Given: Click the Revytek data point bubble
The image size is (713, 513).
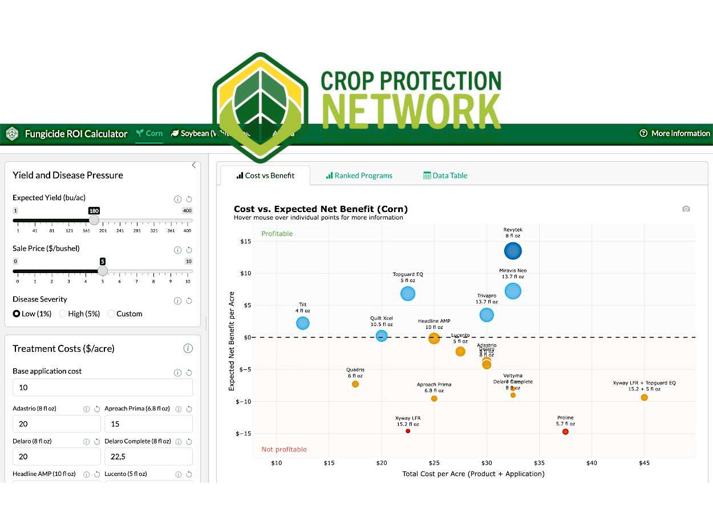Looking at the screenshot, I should coord(513,251).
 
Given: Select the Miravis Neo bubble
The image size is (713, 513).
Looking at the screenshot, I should coord(513,291).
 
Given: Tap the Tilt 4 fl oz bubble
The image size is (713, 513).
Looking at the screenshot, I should coord(303,323).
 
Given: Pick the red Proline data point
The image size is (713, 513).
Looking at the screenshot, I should coord(565,431).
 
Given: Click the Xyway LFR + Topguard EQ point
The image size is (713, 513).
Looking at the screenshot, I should coord(644,397).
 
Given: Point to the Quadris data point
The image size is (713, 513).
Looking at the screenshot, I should coord(355,384).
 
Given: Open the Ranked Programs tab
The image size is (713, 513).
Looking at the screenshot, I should coord(359,176).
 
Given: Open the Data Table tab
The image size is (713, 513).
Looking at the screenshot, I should coord(445,176).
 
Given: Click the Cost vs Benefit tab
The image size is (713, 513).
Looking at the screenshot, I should coord(265,176).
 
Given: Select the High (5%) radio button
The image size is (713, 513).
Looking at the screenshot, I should coord(63,313).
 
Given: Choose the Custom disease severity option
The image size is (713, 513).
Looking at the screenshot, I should coord(111,313).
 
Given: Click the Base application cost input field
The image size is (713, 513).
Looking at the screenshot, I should coord(103,388).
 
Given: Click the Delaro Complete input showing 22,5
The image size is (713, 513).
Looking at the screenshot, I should coord(148,457).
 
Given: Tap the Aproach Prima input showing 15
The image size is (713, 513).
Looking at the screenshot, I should coord(148,424).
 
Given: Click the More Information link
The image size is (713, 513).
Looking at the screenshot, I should coord(675,133).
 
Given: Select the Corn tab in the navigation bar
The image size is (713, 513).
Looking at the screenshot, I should coord(149,133).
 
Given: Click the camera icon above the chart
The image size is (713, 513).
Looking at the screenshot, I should coord(686,209).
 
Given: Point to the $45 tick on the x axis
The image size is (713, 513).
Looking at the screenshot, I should coord(644,463).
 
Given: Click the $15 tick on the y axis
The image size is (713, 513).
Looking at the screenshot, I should coord(244,241).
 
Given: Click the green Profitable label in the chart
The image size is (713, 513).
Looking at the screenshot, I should coord(277,234).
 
